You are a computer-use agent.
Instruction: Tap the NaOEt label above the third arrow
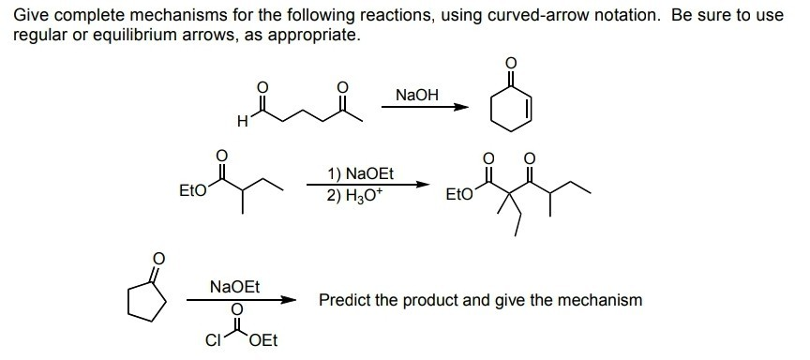234,283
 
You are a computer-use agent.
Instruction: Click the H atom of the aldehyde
243,121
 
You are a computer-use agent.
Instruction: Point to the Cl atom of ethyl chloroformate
213,339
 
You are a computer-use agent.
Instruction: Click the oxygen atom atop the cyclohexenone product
510,63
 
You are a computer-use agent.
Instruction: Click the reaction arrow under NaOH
427,106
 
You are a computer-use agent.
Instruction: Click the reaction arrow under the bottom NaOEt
241,301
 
